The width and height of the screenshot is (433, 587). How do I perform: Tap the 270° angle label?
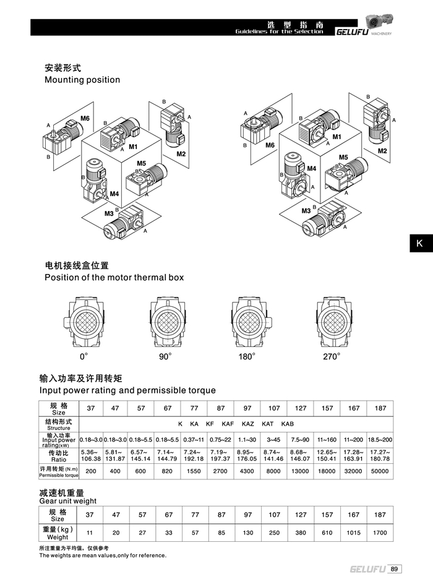(331, 357)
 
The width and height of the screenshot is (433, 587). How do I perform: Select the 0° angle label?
(84, 357)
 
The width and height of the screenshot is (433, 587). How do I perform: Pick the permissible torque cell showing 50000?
(380, 471)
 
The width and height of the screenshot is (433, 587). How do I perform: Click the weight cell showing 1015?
(353, 531)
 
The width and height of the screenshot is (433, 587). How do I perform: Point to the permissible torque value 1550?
(194, 471)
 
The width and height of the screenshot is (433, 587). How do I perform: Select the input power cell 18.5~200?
(380, 439)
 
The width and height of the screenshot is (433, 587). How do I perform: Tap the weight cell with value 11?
(90, 531)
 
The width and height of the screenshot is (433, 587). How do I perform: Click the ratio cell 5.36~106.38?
(91, 455)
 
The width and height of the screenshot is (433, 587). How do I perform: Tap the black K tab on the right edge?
(419, 243)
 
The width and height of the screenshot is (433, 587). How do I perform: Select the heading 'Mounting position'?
(82, 80)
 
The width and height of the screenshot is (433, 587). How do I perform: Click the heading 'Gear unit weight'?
(68, 500)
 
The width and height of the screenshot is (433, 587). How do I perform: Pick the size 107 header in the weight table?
(274, 515)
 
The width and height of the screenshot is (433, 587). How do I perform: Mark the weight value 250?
(274, 531)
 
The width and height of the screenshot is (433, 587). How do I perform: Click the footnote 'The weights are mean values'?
(103, 555)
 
